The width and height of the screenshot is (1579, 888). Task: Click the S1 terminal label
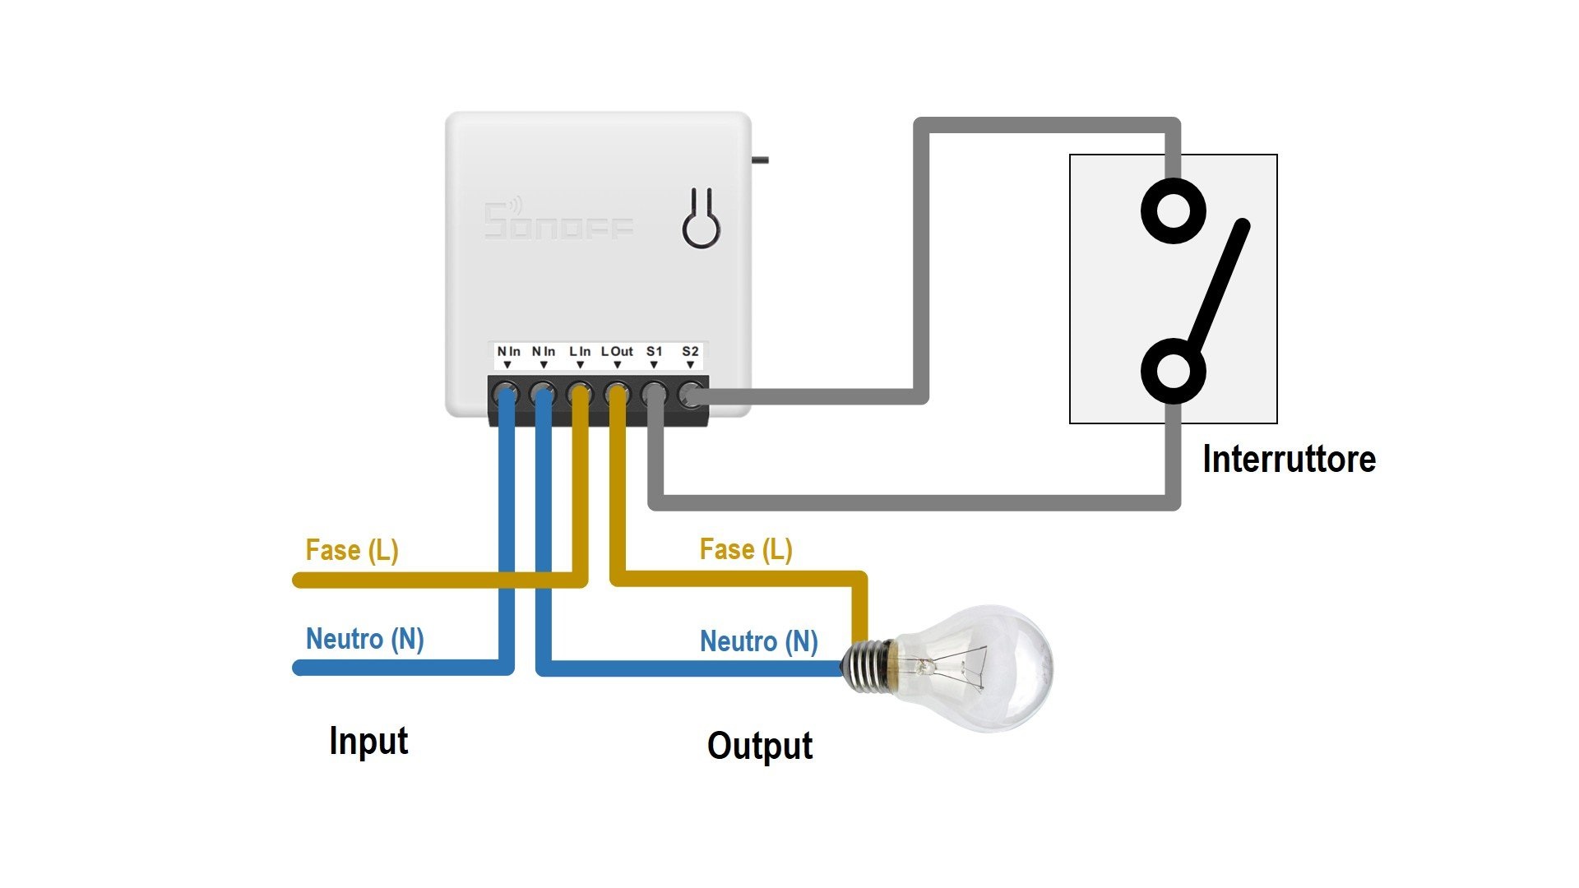click(654, 352)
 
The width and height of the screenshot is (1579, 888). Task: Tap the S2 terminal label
click(690, 352)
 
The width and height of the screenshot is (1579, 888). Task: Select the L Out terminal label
click(617, 352)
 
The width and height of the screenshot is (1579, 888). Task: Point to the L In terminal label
click(580, 352)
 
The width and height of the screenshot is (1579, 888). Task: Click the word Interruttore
click(1289, 459)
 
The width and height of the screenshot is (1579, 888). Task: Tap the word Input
click(368, 741)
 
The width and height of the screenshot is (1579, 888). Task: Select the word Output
click(760, 746)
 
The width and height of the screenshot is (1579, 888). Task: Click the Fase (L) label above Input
click(352, 549)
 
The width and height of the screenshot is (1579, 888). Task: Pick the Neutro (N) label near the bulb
click(758, 641)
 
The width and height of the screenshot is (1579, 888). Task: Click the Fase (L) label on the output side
click(746, 548)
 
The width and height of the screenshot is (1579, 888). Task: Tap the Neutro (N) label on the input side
click(365, 638)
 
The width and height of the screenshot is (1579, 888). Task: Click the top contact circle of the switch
click(1174, 211)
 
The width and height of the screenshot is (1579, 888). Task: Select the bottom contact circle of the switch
click(1174, 371)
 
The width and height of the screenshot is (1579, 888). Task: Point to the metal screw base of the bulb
click(868, 665)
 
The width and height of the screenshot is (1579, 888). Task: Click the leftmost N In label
click(508, 352)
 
